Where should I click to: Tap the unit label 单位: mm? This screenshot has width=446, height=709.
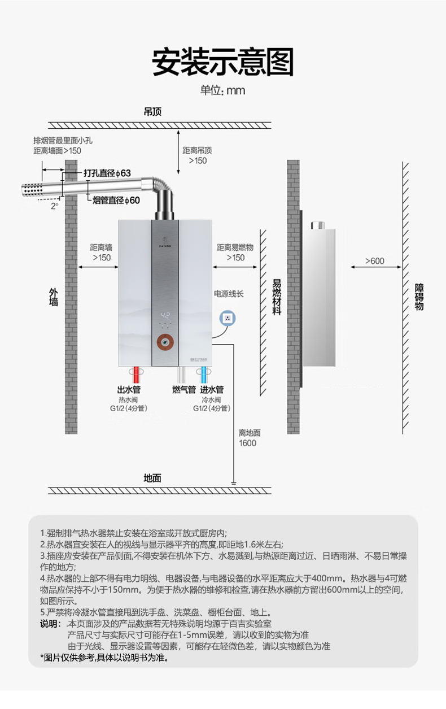click(223, 90)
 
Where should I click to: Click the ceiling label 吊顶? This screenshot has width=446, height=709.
click(152, 112)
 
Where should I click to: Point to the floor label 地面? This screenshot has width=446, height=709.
click(152, 478)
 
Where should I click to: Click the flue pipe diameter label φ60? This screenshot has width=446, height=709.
click(116, 200)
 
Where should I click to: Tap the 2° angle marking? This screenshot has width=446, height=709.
click(55, 206)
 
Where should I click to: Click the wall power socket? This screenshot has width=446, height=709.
click(228, 317)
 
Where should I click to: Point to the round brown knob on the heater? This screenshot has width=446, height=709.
click(165, 342)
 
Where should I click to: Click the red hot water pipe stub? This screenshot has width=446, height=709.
click(135, 375)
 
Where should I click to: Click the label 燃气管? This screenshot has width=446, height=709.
click(183, 390)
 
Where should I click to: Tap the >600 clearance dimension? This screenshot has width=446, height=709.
click(374, 261)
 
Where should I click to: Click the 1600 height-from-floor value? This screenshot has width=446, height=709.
click(247, 443)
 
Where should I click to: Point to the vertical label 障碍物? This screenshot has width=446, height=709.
click(418, 297)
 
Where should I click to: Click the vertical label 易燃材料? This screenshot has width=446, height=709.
click(277, 297)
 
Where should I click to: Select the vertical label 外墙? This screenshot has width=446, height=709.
click(54, 297)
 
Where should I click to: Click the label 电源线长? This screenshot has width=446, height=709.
click(228, 294)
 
